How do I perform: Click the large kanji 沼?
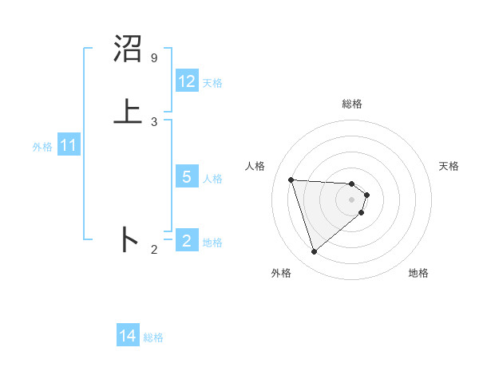[129, 49]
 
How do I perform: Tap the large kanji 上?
[129, 111]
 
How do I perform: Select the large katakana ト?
[129, 239]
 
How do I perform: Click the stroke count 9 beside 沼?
[153, 58]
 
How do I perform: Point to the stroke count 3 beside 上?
[153, 121]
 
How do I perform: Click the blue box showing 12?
[187, 81]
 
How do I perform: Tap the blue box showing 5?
[187, 177]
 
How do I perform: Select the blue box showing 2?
[187, 240]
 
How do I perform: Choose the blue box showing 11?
[68, 146]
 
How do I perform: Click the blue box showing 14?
[128, 337]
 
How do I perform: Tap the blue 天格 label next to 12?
[212, 82]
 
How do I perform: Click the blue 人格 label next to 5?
[212, 178]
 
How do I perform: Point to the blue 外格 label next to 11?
[42, 147]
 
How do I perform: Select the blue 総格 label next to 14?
[153, 337]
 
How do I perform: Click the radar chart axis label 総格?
[352, 104]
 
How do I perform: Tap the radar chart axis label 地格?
[418, 273]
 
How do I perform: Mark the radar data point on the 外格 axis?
[315, 252]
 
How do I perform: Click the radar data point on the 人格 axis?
[291, 180]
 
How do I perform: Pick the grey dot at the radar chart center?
[352, 199]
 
